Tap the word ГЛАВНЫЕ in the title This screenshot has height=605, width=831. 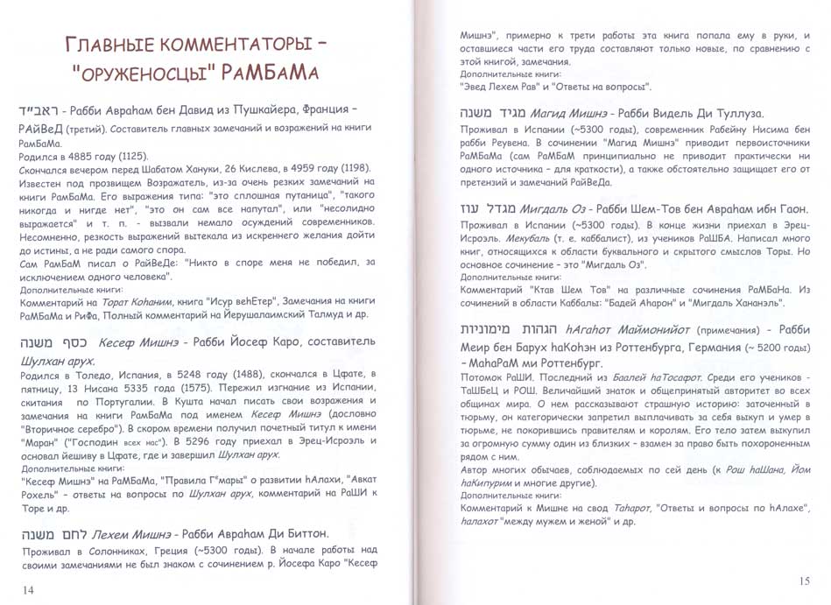(x=104, y=41)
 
